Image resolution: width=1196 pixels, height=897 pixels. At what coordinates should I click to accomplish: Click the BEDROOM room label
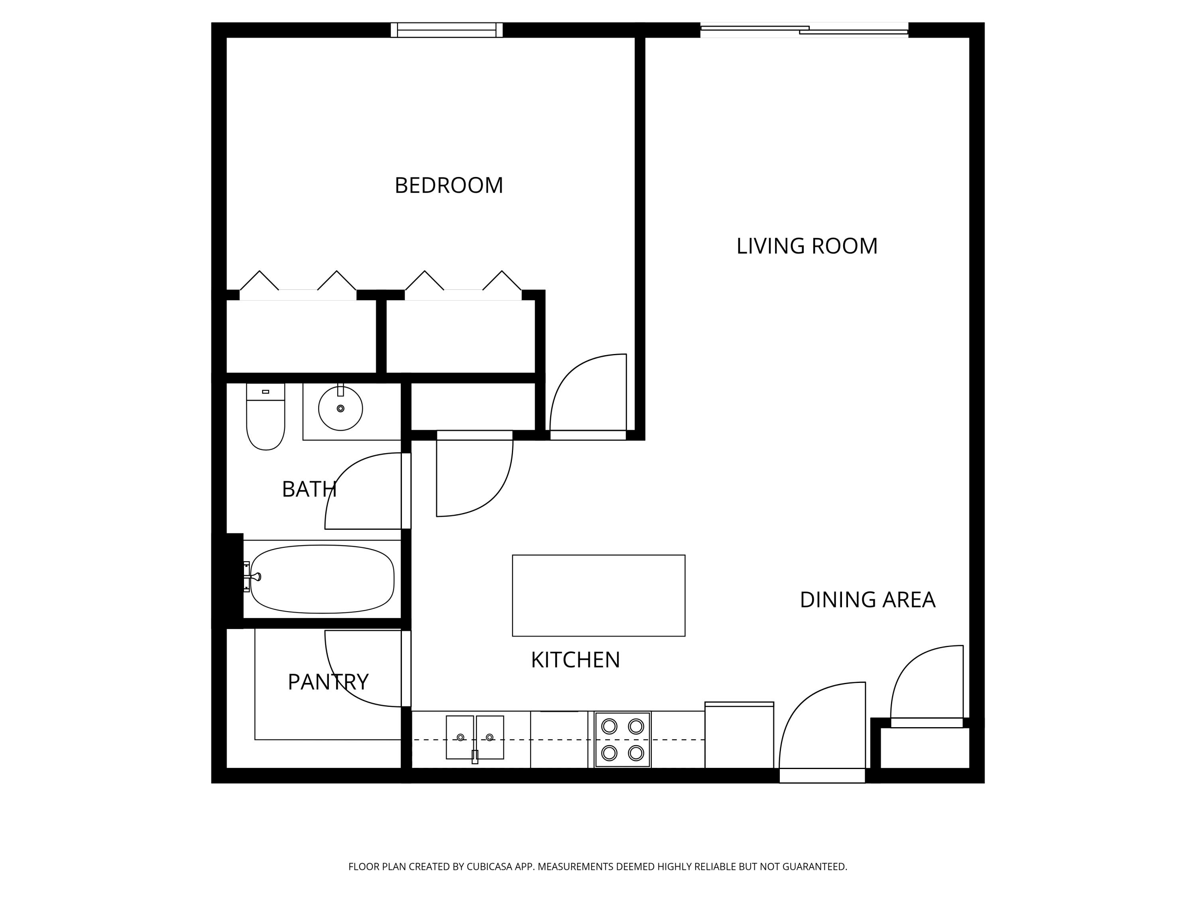tap(449, 185)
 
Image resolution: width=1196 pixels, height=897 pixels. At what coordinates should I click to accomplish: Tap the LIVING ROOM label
tap(807, 246)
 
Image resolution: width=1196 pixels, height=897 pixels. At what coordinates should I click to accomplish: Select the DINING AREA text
tap(867, 600)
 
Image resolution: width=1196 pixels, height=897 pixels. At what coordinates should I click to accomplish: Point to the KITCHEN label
tap(575, 660)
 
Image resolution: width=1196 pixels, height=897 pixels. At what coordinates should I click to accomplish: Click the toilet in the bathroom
tap(266, 419)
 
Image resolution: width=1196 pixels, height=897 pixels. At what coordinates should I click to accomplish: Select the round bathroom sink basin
tap(340, 409)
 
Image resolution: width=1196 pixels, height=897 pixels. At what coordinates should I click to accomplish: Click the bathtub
tap(322, 579)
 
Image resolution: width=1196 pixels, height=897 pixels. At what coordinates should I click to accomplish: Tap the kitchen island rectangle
tap(598, 595)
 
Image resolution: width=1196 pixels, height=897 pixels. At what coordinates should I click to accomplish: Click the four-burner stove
tap(622, 740)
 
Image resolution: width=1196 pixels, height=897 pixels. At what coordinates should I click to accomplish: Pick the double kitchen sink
tap(475, 738)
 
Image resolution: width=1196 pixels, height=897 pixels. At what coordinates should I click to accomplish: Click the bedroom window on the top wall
tap(447, 30)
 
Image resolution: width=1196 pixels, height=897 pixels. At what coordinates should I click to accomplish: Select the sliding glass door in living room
tap(804, 30)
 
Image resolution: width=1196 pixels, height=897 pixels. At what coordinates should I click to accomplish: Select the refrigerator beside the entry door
tap(739, 735)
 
